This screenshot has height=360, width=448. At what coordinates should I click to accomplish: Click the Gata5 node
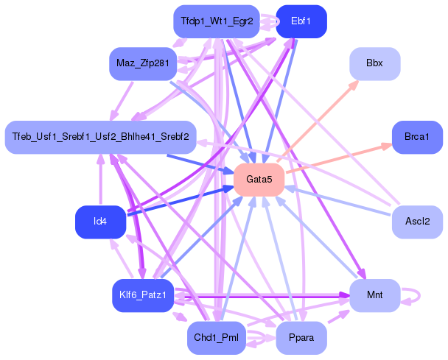point(259,180)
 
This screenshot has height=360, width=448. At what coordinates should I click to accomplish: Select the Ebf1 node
point(301,21)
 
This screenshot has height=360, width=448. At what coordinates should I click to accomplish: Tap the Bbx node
point(374,63)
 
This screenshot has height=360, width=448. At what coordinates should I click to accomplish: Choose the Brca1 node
point(417,138)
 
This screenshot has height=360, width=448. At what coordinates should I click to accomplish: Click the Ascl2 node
point(417,222)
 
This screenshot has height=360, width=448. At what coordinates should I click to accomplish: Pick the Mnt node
point(374,296)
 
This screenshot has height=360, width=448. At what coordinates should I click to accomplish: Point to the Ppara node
point(301,338)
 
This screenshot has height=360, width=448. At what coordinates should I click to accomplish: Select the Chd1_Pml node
point(216,338)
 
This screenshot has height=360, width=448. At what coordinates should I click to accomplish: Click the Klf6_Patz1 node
point(142,296)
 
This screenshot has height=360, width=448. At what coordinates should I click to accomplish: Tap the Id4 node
point(99,222)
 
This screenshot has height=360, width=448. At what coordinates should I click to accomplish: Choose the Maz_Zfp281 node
point(142,63)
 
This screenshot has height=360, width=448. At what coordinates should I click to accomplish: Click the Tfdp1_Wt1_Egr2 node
point(216,21)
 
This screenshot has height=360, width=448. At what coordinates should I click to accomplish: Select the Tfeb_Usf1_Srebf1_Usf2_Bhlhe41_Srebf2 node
point(99,138)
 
